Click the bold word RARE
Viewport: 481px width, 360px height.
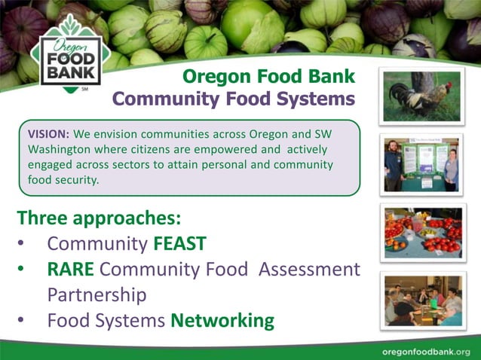click(74, 269)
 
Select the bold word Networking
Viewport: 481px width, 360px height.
click(222, 320)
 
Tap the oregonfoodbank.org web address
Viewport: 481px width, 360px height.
click(426, 352)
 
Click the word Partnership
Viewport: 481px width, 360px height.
click(97, 294)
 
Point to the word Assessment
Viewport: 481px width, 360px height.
click(309, 269)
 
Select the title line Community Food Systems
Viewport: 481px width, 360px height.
click(233, 99)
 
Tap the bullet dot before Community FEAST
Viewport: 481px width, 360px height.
click(22, 245)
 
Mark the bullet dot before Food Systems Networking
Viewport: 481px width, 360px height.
click(22, 321)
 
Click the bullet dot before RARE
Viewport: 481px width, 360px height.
click(22, 270)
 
